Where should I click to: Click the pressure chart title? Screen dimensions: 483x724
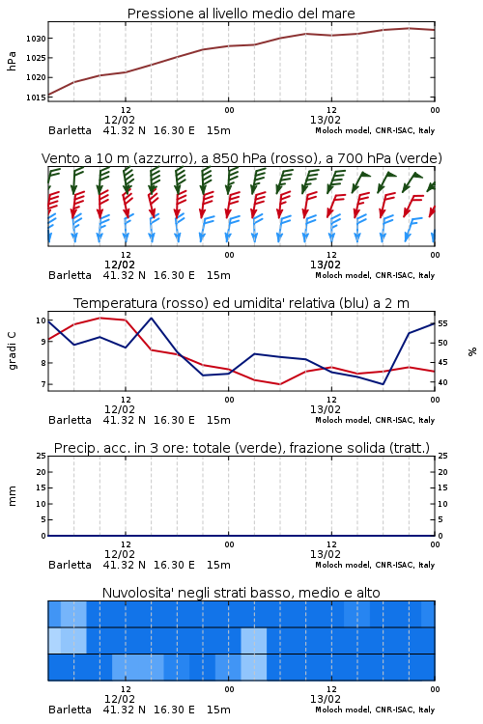tap(241, 14)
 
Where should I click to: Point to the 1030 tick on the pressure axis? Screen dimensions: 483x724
tap(36, 39)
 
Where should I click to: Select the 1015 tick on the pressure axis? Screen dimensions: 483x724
tap(36, 97)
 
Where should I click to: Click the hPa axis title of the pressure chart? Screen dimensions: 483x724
tap(12, 61)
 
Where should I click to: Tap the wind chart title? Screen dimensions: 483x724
tap(241, 158)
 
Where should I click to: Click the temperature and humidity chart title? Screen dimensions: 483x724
tap(241, 303)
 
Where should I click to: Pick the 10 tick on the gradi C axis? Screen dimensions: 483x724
tap(41, 320)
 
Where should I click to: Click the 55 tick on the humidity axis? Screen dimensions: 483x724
tap(442, 323)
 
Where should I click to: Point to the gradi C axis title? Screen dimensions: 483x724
tap(13, 351)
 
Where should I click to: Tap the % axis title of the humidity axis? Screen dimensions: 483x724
tap(472, 351)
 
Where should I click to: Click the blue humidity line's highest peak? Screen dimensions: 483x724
tap(152, 318)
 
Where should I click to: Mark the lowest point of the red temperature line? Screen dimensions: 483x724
tap(279, 384)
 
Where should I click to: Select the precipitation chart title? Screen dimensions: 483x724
tap(241, 448)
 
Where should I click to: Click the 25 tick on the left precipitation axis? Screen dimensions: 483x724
tap(41, 456)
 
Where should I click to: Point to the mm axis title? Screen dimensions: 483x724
tap(13, 496)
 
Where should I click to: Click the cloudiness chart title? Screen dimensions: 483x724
tap(241, 593)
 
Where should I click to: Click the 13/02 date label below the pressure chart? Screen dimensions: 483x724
tap(326, 120)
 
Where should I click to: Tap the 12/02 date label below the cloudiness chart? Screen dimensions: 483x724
tap(120, 699)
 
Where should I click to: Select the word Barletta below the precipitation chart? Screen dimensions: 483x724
tap(70, 565)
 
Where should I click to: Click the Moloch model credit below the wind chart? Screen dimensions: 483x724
tap(375, 275)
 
